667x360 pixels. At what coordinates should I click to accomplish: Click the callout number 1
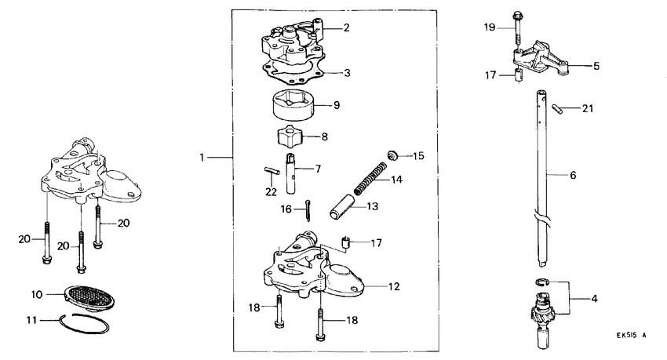202,158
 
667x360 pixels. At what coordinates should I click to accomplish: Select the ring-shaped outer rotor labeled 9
294,104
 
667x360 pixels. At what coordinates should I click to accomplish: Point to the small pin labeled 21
558,108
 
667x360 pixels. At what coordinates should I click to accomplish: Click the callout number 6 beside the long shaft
573,175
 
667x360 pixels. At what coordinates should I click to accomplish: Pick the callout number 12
394,286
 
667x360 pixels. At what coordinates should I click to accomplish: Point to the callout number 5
596,67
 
